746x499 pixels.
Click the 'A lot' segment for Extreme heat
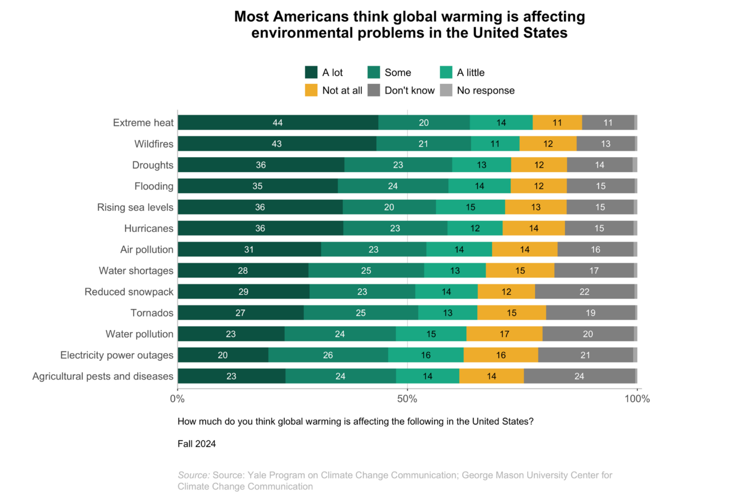(278, 123)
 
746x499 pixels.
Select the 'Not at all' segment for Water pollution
(504, 334)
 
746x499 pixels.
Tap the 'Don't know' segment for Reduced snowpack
(585, 292)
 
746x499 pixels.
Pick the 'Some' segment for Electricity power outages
(328, 355)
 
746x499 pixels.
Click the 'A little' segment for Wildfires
(495, 144)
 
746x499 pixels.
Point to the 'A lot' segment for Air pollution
(249, 249)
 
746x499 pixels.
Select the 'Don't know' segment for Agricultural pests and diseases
(579, 376)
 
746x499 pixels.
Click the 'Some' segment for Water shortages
(366, 271)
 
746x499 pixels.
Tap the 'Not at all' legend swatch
(311, 90)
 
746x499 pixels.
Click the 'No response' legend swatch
(446, 90)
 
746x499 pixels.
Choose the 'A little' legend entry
(470, 72)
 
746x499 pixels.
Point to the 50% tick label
(407, 399)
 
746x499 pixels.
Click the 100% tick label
(637, 399)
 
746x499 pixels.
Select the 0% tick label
(178, 399)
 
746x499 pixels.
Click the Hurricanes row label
(148, 228)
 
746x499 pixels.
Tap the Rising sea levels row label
(135, 207)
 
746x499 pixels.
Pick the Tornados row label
(152, 313)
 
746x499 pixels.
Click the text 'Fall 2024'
(196, 444)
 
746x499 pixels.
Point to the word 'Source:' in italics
(194, 475)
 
